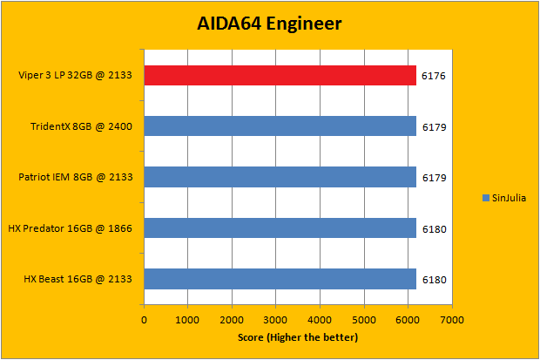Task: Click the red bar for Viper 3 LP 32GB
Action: pyautogui.click(x=280, y=76)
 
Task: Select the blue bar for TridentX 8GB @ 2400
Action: pyautogui.click(x=280, y=126)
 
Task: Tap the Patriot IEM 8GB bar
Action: pyautogui.click(x=280, y=177)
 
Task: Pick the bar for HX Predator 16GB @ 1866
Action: pyautogui.click(x=280, y=228)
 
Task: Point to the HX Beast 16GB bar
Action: pyautogui.click(x=280, y=279)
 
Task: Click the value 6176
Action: pyautogui.click(x=433, y=77)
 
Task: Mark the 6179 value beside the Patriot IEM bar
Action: pyautogui.click(x=433, y=178)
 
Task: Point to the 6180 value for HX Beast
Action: pyautogui.click(x=433, y=280)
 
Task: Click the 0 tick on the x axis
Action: pyautogui.click(x=144, y=320)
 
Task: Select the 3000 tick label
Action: pyautogui.click(x=275, y=320)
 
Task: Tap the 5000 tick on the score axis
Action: pyautogui.click(x=363, y=320)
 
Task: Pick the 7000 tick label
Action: pyautogui.click(x=451, y=320)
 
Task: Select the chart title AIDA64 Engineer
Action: pyautogui.click(x=269, y=23)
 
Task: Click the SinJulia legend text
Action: pyautogui.click(x=509, y=198)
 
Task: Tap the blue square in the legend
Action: pyautogui.click(x=485, y=198)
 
